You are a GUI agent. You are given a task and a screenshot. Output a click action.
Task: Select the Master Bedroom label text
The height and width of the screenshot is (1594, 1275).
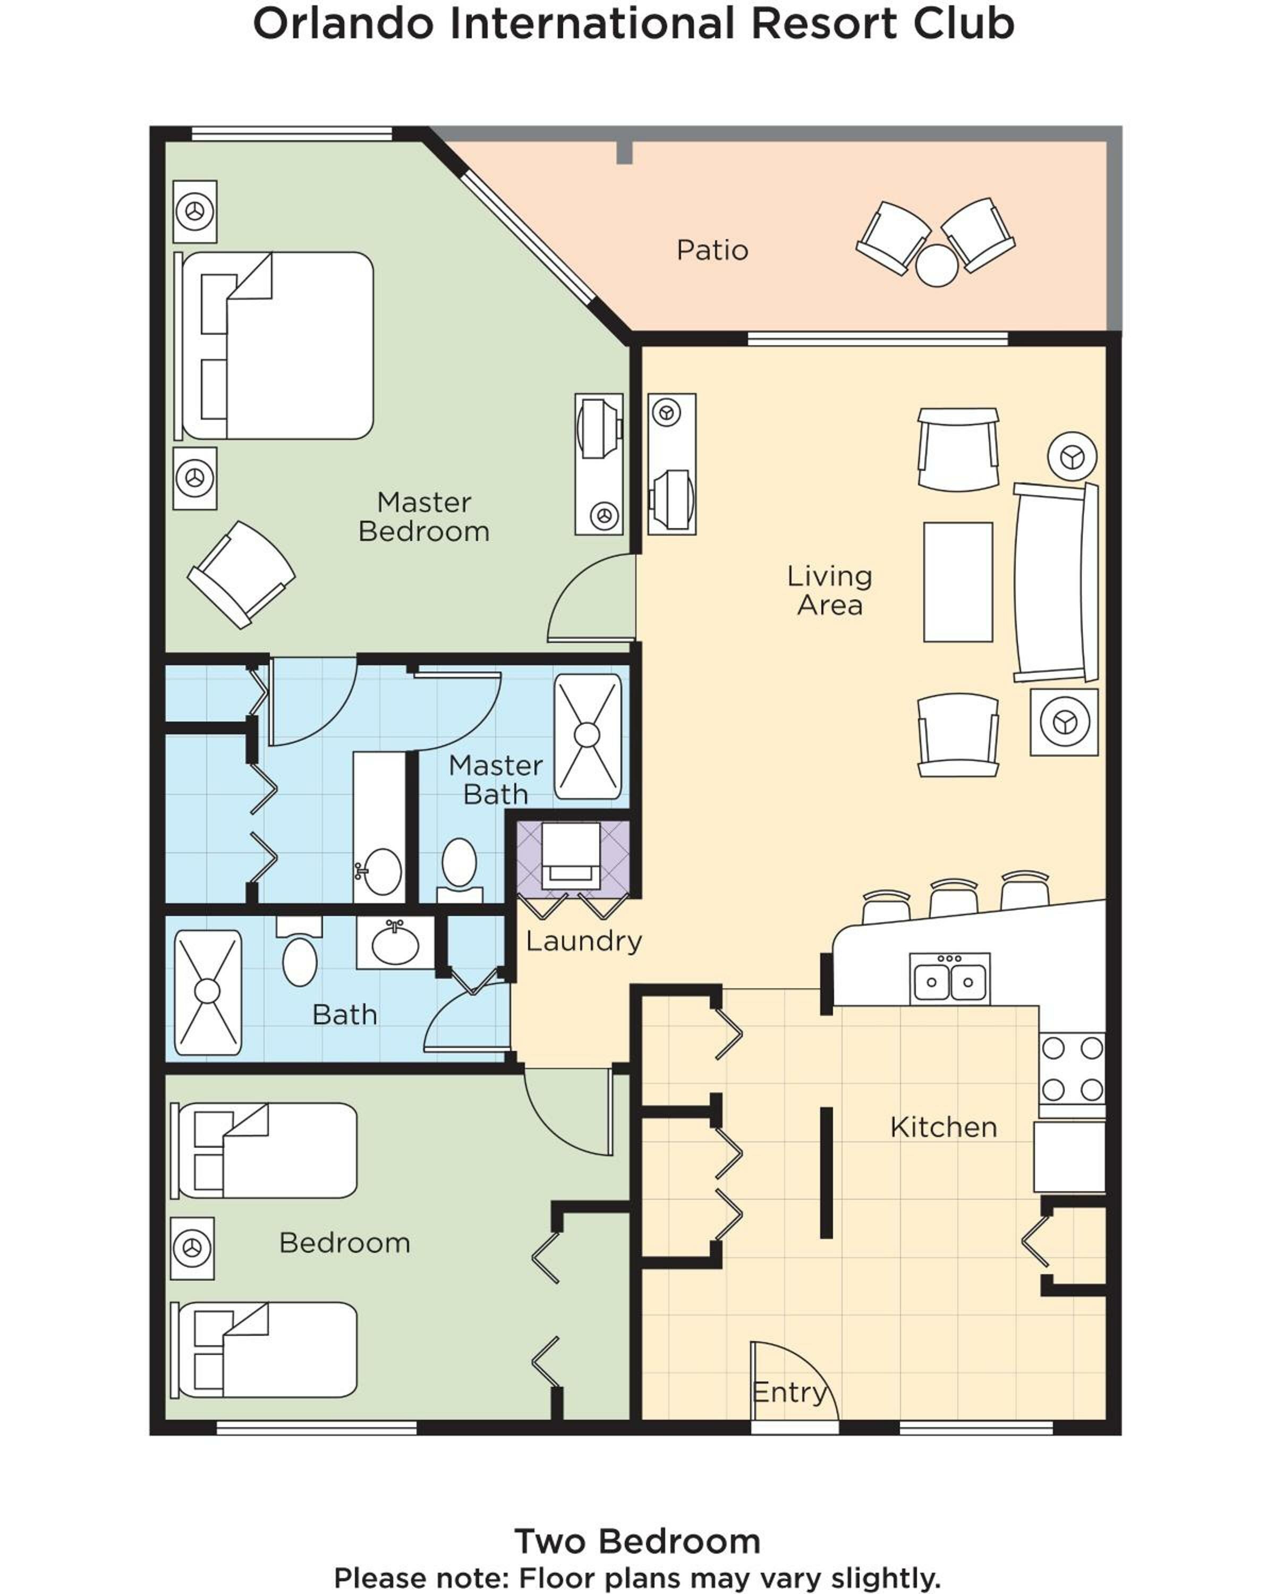[x=423, y=517]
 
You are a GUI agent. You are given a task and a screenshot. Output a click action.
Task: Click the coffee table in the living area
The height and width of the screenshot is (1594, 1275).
[x=958, y=582]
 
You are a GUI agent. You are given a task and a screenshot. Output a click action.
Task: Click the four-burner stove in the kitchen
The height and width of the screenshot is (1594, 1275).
[x=1072, y=1069]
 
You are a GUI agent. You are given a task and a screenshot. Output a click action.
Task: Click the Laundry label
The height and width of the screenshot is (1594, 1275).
[x=583, y=941]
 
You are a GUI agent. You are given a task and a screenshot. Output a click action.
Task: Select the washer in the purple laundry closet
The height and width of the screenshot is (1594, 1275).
[x=571, y=855]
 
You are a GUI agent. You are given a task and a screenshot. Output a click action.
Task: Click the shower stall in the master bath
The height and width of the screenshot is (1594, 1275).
[x=588, y=736]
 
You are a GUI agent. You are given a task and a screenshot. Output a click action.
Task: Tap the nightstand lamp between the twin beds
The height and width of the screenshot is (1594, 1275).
[x=192, y=1248]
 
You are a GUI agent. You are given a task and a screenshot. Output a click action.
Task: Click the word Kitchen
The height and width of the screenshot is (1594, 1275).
[x=943, y=1127]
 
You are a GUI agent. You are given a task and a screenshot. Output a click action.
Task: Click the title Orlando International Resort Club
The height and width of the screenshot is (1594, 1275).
[x=633, y=24]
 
